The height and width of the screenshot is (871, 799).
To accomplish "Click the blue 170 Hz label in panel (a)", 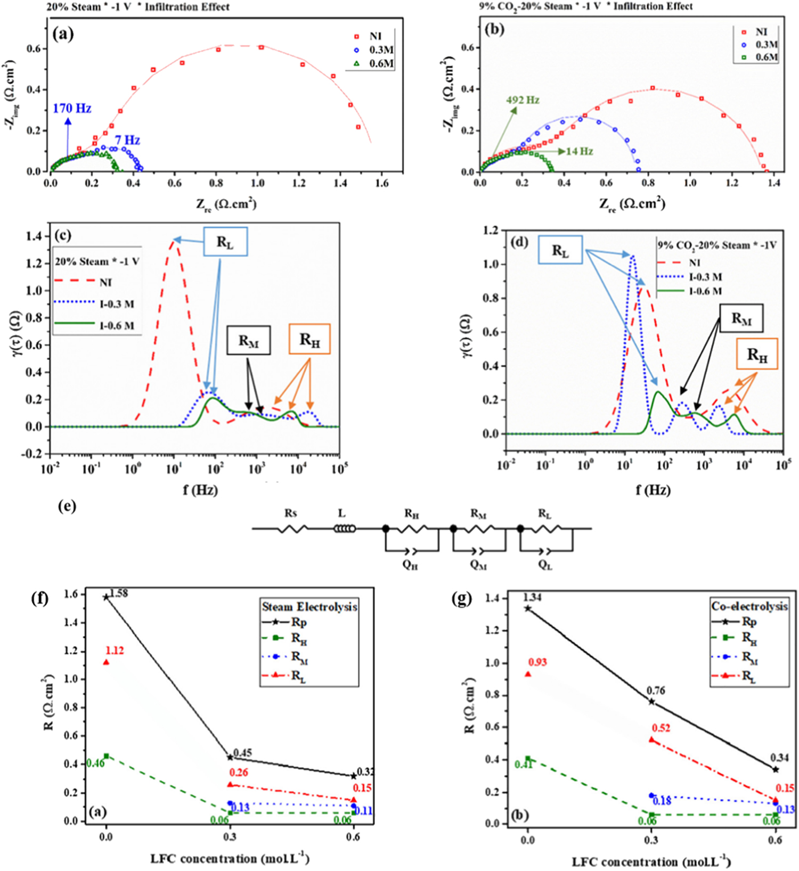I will click(x=72, y=109).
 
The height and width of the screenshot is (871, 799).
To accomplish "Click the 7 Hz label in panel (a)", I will click(x=127, y=141).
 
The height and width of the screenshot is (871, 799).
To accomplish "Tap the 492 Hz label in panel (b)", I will click(x=523, y=100).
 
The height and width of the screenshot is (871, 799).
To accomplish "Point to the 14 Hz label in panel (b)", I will click(x=579, y=151).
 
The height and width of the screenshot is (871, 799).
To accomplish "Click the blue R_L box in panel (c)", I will click(x=225, y=242).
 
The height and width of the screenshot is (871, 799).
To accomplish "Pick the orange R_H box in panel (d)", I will click(x=757, y=355).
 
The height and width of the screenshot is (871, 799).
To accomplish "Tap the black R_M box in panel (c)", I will click(x=248, y=341).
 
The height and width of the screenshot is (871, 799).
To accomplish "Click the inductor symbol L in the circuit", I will click(x=344, y=528).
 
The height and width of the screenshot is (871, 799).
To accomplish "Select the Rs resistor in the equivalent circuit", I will click(x=292, y=528).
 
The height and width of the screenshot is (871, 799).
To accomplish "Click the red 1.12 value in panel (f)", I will click(x=114, y=651).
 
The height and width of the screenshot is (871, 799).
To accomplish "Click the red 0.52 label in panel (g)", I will click(x=661, y=728).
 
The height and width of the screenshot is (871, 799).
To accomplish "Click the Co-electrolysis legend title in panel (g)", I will click(x=749, y=606).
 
